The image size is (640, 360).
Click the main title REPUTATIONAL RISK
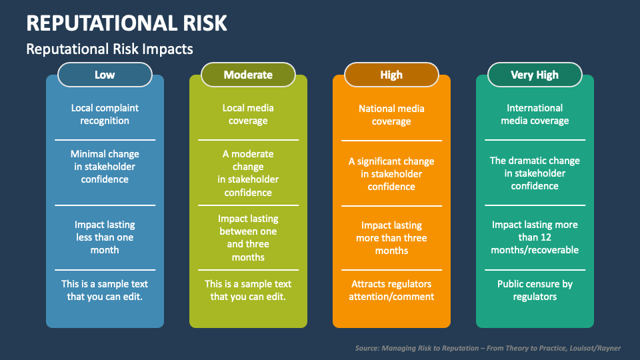127,23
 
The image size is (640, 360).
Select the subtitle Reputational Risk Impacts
109,49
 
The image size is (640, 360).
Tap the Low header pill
105,75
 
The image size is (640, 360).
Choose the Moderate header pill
248,75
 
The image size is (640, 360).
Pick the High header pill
391,75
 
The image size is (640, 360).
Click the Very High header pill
535,75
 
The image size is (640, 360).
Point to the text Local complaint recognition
105,114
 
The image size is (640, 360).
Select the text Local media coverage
248,114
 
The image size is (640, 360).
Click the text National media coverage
391,115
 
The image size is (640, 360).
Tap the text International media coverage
535,114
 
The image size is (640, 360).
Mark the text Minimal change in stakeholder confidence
105,167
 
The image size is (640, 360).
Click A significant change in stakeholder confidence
391,174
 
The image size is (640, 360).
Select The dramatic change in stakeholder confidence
535,173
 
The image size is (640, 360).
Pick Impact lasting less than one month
105,237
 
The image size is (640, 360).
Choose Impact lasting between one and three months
248,238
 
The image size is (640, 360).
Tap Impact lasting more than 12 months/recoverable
535,237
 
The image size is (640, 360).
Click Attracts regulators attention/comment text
391,290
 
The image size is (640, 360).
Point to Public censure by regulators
535,290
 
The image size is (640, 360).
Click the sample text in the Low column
105,290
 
